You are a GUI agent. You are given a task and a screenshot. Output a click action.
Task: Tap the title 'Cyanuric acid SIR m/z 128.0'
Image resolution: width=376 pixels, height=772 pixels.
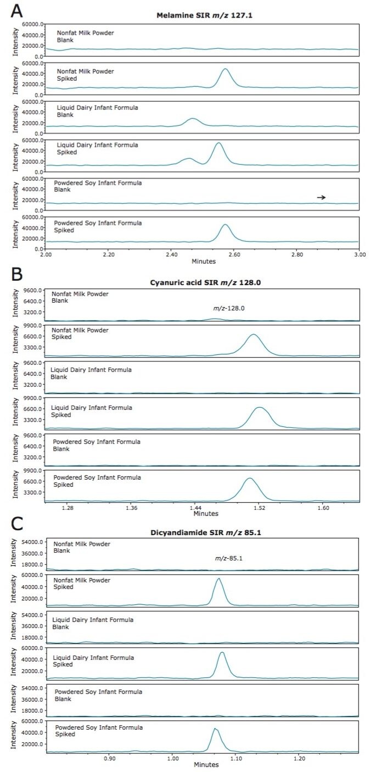(202, 282)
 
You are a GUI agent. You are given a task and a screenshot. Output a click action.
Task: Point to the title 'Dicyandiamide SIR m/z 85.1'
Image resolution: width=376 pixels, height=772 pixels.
(202, 532)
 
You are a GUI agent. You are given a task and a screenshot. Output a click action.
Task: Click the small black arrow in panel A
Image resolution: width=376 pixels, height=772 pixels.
(321, 197)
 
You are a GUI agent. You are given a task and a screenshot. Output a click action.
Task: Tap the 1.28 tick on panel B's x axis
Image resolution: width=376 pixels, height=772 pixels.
(68, 508)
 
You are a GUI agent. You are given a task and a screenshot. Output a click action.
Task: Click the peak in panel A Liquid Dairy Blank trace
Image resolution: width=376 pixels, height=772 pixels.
(192, 119)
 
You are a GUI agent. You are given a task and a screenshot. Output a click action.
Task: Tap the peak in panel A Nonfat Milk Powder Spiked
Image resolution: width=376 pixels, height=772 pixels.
(225, 69)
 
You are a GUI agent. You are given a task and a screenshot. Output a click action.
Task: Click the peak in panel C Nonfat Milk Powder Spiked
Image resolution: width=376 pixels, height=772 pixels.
(218, 579)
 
